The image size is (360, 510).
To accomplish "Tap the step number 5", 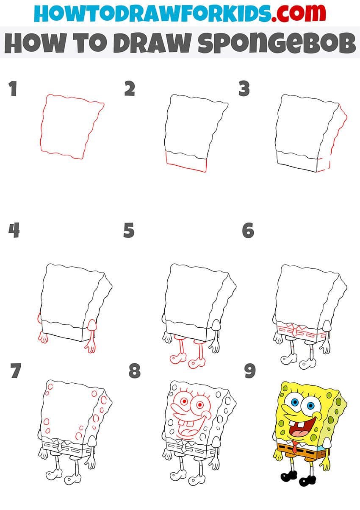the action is tap(129, 230).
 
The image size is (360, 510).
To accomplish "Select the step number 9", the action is tap(250, 371).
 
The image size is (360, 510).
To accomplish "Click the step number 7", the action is tap(16, 371).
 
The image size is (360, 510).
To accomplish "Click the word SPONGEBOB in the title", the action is tap(277, 42).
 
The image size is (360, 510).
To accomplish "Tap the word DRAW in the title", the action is tap(152, 43).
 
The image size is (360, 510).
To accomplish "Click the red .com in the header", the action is tap(299, 13).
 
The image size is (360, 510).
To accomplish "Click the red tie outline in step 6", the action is tap(295, 332).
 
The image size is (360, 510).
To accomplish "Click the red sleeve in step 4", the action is tap(91, 325).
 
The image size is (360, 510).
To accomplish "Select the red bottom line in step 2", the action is tap(186, 167).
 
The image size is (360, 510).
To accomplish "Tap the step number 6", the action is tap(248, 230).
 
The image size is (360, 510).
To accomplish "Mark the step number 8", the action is tap(135, 371).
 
